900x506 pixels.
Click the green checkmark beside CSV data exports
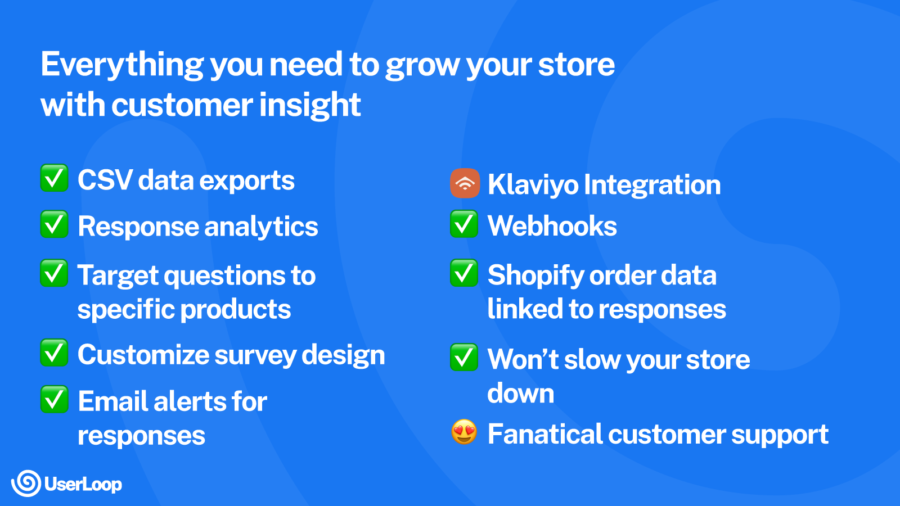pos(54,178)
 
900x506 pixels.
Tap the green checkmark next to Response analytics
pos(54,224)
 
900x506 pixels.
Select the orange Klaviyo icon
pos(465,183)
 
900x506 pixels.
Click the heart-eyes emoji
pos(464,432)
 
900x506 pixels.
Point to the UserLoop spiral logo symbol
pos(26,484)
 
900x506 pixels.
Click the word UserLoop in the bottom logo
pos(83,484)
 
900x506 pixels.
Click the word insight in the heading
pos(310,105)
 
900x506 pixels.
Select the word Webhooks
pos(552,225)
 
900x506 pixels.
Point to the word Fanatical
pos(545,434)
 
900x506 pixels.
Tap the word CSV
pos(105,180)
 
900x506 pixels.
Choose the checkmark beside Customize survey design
pos(54,353)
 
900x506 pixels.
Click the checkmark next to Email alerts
pos(54,399)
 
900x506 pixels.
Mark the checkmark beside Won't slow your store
pos(464,357)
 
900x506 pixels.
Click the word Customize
pos(143,355)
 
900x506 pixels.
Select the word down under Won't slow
pos(521,393)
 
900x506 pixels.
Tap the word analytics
pos(261,227)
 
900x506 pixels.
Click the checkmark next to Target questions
pos(54,273)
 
